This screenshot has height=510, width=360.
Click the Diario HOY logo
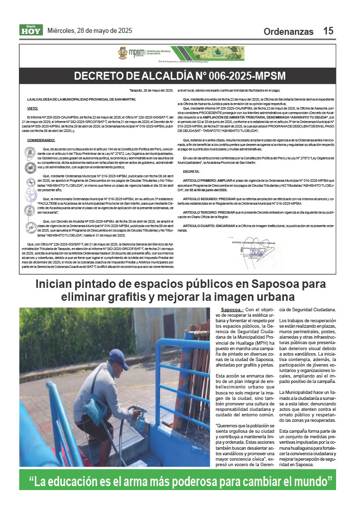pyautogui.click(x=31, y=30)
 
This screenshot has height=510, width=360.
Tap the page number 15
pyautogui.click(x=328, y=31)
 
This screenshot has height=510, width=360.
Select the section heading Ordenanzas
pyautogui.click(x=289, y=31)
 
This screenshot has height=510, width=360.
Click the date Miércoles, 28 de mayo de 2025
pyautogui.click(x=90, y=30)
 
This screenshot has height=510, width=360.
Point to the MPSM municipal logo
pyautogui.click(x=134, y=53)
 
